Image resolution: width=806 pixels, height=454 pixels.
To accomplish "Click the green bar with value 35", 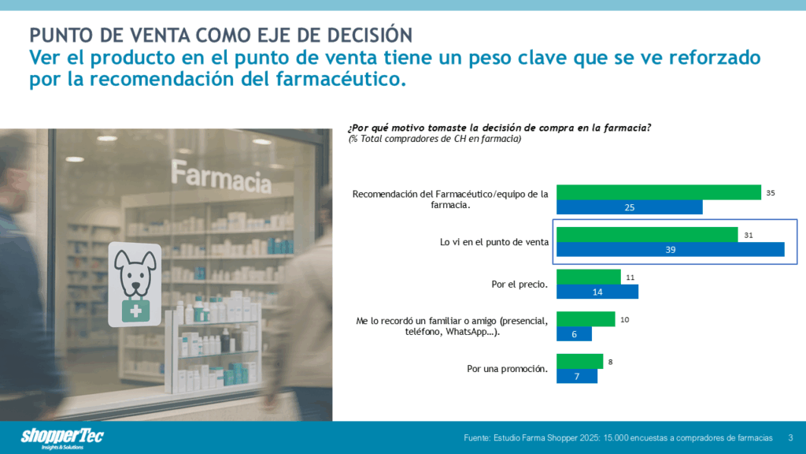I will click(x=658, y=192).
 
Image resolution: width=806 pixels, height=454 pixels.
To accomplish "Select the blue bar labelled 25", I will click(x=629, y=207).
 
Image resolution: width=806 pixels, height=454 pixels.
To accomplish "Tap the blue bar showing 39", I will click(x=670, y=249).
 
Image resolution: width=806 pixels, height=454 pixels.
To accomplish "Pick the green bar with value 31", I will click(x=646, y=234).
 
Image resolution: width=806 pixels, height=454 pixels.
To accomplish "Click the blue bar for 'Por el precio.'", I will click(x=597, y=292).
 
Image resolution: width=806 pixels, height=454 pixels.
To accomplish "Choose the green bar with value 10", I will click(x=585, y=319).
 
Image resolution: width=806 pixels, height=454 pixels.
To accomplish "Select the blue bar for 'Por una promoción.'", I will click(x=576, y=377).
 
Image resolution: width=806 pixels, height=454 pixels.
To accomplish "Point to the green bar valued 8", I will click(x=579, y=362).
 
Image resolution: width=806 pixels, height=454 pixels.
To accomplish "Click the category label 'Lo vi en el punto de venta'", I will click(x=494, y=242).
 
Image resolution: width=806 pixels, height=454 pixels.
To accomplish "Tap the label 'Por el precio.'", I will click(x=519, y=284).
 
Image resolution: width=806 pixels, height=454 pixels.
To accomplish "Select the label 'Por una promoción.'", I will click(x=507, y=369).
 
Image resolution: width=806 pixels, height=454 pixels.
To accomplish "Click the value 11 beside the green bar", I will click(x=630, y=277).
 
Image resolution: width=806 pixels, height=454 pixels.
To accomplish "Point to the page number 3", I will click(x=790, y=437).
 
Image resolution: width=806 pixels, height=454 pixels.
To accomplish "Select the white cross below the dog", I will click(x=135, y=311).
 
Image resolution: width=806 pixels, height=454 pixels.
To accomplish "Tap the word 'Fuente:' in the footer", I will click(x=478, y=437).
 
